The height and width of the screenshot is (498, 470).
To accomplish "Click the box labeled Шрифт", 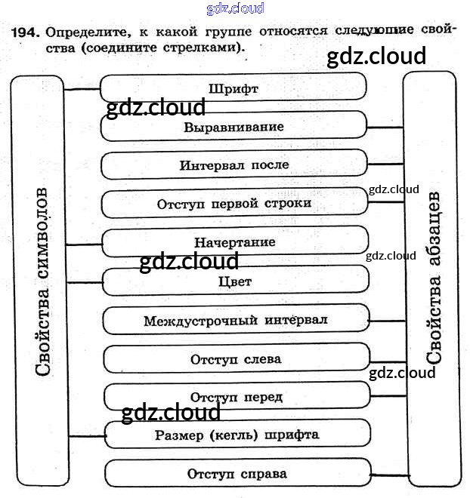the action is [x=233, y=88].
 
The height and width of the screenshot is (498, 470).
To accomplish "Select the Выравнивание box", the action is [x=233, y=127].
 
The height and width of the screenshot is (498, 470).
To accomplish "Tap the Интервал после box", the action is [x=234, y=165].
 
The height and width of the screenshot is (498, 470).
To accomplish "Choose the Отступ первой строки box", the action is [x=234, y=204].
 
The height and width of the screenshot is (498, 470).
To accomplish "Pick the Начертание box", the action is [x=234, y=243].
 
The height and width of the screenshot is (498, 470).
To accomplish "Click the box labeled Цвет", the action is [x=234, y=281].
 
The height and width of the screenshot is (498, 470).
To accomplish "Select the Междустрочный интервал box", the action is [x=235, y=320].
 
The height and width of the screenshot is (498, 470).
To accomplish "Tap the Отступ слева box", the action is [x=236, y=359].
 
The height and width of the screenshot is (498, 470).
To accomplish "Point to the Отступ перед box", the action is [x=237, y=397].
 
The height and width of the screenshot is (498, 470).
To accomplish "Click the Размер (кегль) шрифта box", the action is [x=237, y=435].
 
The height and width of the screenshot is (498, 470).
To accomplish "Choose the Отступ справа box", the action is [x=237, y=474].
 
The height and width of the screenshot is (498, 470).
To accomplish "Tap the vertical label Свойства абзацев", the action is [x=434, y=279].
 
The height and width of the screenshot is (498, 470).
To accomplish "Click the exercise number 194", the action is [x=25, y=33].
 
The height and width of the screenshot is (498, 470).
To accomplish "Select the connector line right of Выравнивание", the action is [x=385, y=128].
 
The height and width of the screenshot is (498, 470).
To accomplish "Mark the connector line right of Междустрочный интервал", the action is [x=388, y=320].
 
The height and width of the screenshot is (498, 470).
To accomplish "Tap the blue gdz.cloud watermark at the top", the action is [x=235, y=8].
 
